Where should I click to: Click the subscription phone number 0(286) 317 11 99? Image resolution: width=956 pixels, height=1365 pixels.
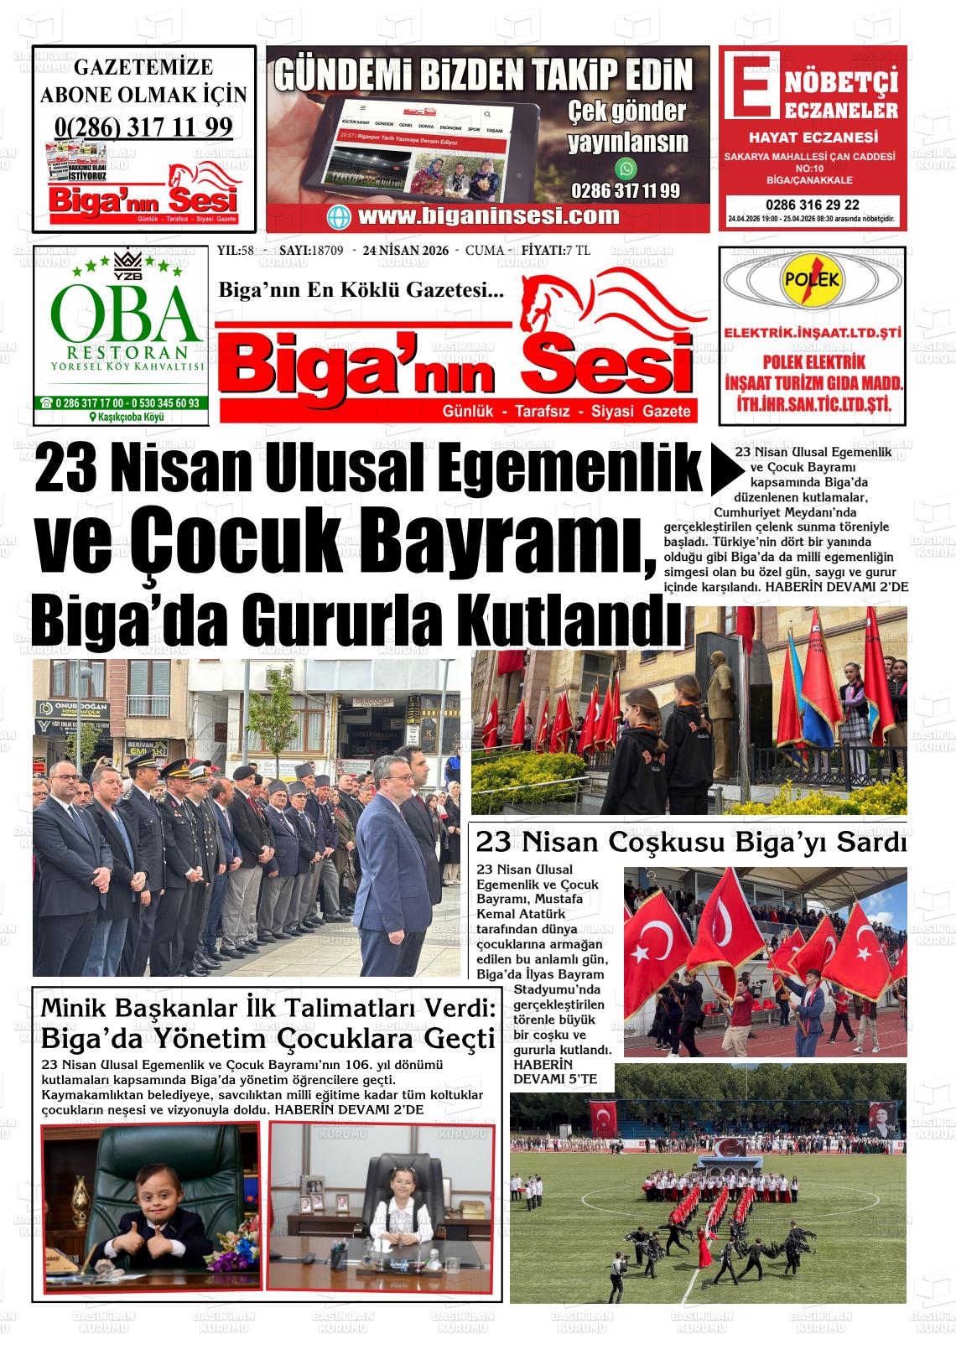(x=143, y=127)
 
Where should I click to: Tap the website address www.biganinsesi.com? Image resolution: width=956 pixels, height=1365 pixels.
(x=489, y=215)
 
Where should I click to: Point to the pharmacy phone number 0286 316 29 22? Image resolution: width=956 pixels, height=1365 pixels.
(x=811, y=205)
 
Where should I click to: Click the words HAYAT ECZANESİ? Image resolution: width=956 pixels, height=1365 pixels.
(x=813, y=138)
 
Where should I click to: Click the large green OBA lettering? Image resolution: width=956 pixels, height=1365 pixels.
(x=121, y=312)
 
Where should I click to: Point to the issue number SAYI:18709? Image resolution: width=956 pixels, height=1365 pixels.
(x=309, y=251)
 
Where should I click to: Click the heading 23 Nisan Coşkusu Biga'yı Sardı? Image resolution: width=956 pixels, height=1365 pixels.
(x=690, y=841)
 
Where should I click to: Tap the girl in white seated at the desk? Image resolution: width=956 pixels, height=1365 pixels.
(x=394, y=1223)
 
